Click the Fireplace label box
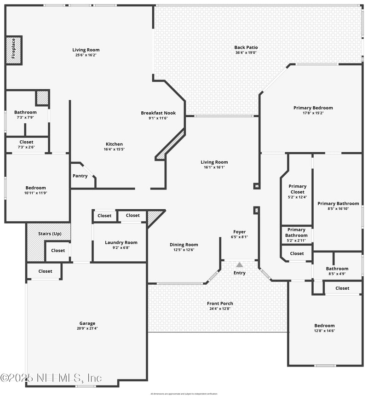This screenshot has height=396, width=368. pos(13,50)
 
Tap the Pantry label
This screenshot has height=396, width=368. pos(80,176)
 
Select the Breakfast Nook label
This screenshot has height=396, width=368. pos(158,113)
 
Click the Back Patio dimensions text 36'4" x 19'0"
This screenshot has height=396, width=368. pos(246,52)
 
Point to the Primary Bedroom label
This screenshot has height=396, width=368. pos(313,108)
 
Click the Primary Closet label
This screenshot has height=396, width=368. pos(297,189)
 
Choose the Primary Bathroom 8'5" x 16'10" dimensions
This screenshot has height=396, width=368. pos(338,209)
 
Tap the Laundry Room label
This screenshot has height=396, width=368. pos(121,242)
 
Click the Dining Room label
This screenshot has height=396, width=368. pos(184,245)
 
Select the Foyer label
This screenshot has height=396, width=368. pos(239,232)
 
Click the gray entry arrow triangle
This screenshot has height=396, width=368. pos(239,265)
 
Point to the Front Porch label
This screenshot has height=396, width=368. pos(220,304)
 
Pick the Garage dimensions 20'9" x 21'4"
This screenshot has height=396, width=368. pos(87,328)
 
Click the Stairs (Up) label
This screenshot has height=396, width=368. pos(50,234)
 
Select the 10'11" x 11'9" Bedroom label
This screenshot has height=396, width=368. pos(35,188)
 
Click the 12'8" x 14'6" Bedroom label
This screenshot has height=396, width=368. pos(324,326)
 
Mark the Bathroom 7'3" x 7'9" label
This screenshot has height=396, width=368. pos(25,112)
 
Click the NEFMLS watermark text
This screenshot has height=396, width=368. pos(51,378)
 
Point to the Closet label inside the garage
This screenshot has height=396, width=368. pos(45,271)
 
